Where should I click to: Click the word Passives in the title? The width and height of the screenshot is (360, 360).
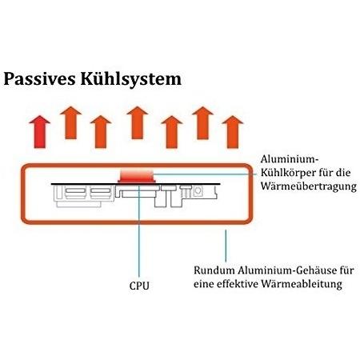(39, 79)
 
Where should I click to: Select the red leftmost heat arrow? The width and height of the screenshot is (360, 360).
(40, 132)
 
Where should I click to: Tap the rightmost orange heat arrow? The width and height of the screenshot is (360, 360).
(233, 132)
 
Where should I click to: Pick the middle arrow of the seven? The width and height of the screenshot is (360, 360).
(138, 122)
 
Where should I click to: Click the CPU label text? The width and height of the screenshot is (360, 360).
(139, 286)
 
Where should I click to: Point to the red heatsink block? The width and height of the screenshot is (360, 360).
(137, 176)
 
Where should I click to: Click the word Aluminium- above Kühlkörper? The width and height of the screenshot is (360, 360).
(290, 159)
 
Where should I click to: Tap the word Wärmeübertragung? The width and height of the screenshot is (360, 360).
(309, 186)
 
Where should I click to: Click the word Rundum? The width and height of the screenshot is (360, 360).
(214, 270)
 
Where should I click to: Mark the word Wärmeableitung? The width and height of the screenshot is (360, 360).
(302, 284)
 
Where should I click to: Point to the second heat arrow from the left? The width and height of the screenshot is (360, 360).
(71, 122)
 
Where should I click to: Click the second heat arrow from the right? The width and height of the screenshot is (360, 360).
(202, 123)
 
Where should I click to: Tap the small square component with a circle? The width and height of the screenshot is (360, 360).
(198, 191)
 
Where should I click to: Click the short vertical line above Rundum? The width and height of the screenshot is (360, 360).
(226, 246)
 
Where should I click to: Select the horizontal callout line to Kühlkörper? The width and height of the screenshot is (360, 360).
(205, 174)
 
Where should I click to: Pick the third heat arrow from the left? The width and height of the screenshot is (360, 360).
(101, 132)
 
